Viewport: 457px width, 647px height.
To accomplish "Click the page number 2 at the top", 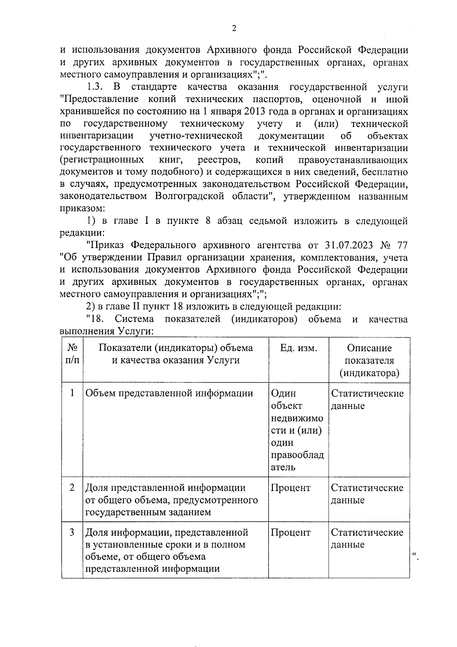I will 234,29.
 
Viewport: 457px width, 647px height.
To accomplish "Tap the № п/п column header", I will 72,354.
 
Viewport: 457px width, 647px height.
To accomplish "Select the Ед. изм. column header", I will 298,348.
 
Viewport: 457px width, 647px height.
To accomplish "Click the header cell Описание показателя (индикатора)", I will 369,360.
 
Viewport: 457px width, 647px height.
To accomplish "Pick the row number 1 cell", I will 72,393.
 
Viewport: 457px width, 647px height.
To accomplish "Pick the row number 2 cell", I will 72,488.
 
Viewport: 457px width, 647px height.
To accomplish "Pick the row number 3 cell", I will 72,532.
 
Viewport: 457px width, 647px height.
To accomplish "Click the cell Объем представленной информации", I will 169,393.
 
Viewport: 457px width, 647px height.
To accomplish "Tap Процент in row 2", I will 290,488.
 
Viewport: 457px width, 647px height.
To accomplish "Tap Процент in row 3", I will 290,532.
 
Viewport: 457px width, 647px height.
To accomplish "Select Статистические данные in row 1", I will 367,399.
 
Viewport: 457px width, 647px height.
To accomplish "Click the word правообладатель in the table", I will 297,461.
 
